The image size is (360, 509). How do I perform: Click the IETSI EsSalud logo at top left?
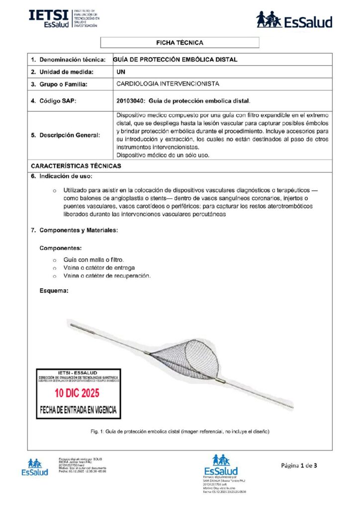tap(63, 18)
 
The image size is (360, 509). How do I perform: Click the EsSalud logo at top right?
tap(294, 20)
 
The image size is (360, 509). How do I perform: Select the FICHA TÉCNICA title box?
tap(180, 43)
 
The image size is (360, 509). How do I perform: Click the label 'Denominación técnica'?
tap(72, 60)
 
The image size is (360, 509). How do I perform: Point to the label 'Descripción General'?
tap(69, 135)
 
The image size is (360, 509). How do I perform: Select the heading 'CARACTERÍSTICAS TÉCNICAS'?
tap(76, 166)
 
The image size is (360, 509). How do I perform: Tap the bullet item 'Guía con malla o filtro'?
tap(93, 260)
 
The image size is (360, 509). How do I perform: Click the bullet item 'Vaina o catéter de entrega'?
tap(99, 268)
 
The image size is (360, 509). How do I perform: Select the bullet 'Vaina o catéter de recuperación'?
tap(107, 276)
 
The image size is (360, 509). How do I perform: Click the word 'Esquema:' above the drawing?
tap(54, 290)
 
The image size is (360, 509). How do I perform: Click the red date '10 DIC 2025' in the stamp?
tap(77, 393)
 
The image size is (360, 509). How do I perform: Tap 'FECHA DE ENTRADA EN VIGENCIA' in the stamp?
tap(79, 411)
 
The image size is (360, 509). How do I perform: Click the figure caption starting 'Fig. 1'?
tap(180, 431)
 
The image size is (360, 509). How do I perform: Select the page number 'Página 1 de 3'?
tap(299, 466)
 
